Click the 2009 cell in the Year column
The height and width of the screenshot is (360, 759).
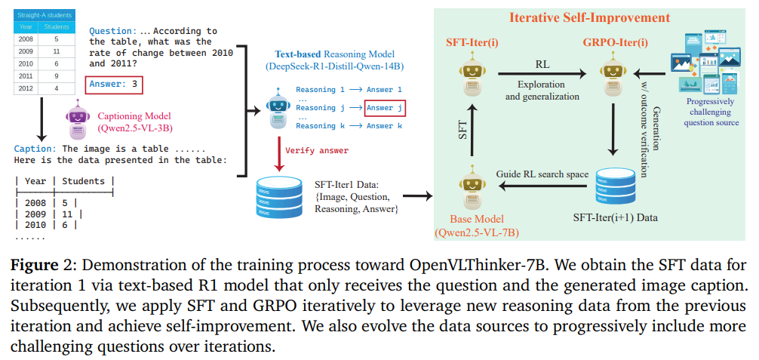(25, 51)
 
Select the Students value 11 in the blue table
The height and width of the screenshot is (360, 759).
(56, 51)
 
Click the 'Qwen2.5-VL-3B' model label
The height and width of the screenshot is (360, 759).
(134, 128)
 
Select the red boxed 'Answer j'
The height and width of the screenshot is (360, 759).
(386, 108)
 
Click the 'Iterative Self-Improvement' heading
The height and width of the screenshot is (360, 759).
(589, 17)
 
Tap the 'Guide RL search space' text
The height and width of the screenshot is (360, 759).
(542, 174)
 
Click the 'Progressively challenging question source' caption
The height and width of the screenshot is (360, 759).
(704, 112)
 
